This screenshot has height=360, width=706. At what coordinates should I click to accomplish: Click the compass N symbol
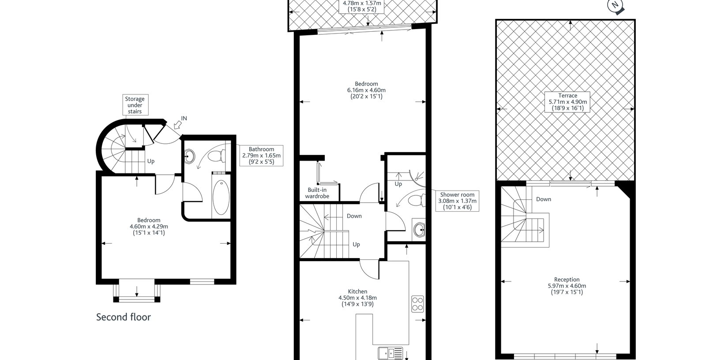click(615, 6)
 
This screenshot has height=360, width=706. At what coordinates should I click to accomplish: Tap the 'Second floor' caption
click(124, 317)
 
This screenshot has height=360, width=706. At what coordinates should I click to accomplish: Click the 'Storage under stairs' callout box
click(135, 105)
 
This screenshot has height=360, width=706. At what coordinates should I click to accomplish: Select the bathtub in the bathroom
click(221, 198)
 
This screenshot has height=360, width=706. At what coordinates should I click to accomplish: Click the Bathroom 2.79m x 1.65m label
click(261, 155)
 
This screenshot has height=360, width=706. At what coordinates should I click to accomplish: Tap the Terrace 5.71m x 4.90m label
click(567, 102)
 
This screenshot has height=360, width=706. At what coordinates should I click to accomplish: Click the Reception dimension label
click(567, 285)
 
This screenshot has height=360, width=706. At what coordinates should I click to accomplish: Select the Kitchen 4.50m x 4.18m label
click(357, 298)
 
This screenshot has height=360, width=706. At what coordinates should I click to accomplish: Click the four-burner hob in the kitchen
click(417, 304)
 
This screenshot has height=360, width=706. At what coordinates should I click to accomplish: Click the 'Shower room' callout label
click(457, 201)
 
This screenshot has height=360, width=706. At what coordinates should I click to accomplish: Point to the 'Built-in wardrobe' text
click(317, 193)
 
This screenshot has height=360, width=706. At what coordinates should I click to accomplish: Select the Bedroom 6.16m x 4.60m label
click(366, 90)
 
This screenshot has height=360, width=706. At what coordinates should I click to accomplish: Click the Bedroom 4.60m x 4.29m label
click(149, 226)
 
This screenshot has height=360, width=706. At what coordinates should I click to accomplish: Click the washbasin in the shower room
click(419, 229)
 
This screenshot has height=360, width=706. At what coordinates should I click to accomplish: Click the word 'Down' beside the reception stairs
click(544, 199)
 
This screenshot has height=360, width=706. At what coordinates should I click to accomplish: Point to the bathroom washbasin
click(189, 156)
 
